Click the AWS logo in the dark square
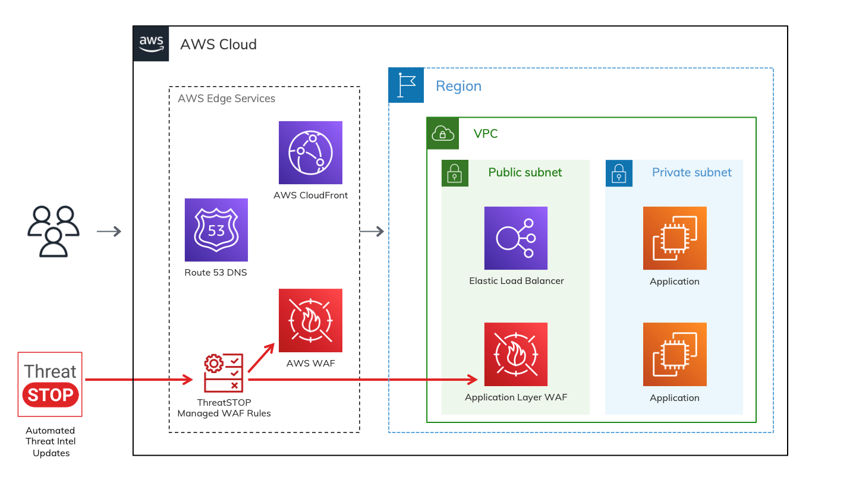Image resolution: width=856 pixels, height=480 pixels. tap(151, 43)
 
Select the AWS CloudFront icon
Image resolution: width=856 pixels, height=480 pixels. tap(310, 153)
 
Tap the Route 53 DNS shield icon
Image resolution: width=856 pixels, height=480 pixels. tap(216, 230)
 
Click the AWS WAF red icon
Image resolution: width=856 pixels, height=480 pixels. tap(310, 321)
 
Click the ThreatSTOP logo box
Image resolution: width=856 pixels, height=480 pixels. tap(51, 384)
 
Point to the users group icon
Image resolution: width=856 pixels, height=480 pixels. tap(53, 231)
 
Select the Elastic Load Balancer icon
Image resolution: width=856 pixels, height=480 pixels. tap(515, 238)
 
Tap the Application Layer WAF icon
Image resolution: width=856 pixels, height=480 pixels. tap(515, 355)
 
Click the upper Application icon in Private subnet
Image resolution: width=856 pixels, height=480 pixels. tap(675, 238)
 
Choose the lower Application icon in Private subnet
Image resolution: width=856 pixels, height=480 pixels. tap(675, 355)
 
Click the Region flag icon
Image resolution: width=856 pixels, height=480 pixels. tap(406, 85)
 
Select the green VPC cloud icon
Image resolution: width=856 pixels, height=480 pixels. tap(443, 134)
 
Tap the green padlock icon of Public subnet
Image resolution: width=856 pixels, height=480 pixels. tap(455, 173)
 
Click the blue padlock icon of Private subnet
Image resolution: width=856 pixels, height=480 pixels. tap(619, 173)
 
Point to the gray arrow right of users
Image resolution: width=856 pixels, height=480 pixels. tap(109, 231)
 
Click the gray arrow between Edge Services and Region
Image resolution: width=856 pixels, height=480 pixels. tap(372, 231)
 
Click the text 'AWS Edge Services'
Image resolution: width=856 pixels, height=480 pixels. tap(226, 99)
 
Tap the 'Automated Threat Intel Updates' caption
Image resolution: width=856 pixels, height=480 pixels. tap(51, 441)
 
